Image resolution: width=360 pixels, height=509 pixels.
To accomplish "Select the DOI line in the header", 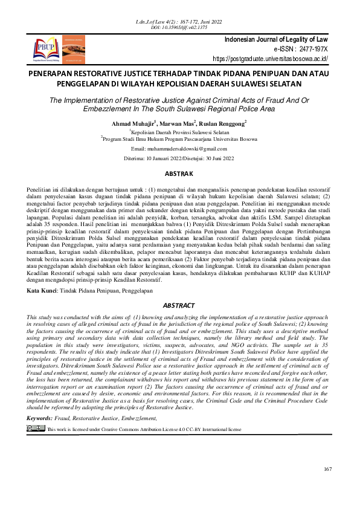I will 179,28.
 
